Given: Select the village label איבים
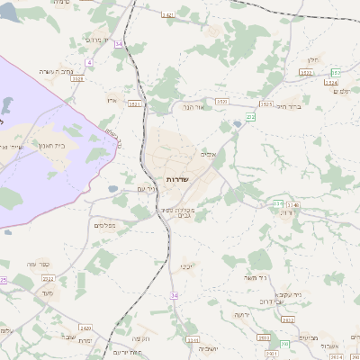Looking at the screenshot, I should [210, 154].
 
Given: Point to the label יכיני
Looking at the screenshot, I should [186, 266].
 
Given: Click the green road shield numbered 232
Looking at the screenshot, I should [250, 116].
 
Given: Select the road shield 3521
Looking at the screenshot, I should [135, 104].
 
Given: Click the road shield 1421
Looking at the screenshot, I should [168, 15].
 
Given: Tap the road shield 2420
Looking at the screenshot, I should [85, 328].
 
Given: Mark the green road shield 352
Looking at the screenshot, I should [335, 72].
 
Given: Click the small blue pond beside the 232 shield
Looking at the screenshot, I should [238, 123].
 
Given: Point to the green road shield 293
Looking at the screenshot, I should [284, 343].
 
